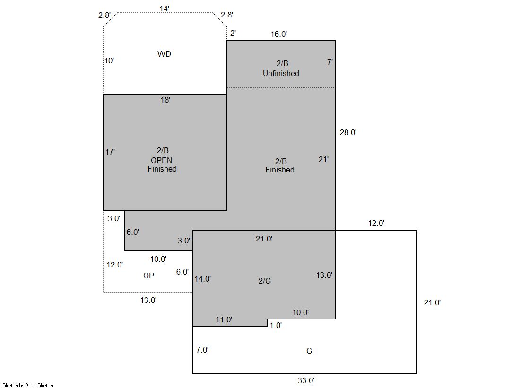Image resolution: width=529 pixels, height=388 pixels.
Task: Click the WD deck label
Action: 165,54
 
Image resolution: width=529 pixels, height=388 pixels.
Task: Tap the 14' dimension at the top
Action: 165,9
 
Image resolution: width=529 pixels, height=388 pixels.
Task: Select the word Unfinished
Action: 281,74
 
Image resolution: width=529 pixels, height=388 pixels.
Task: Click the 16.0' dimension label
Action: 278,34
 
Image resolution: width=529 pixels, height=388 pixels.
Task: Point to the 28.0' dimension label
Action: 348,133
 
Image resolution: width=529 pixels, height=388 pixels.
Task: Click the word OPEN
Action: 161,160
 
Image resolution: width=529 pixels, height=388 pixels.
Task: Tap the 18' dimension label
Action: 165,100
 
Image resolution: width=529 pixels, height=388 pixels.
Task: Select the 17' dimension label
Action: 110,152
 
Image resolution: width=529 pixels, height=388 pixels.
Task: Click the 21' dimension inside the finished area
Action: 323,159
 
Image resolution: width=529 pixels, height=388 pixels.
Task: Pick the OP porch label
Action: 148,276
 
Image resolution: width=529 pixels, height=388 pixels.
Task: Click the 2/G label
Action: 265,281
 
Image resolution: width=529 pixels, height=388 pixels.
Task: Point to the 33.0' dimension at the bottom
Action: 306,380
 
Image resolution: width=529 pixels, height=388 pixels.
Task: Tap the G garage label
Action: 309,351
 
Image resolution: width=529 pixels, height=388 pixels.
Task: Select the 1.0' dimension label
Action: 276,325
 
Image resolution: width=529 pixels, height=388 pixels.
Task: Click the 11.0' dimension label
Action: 224,319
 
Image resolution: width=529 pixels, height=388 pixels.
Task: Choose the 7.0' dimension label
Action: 202,350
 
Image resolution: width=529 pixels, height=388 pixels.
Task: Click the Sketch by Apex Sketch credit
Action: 28,385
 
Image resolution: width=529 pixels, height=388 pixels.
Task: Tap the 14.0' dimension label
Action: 203,279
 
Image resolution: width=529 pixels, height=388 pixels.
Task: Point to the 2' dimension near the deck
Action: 233,33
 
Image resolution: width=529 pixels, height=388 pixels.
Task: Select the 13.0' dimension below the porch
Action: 148,300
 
